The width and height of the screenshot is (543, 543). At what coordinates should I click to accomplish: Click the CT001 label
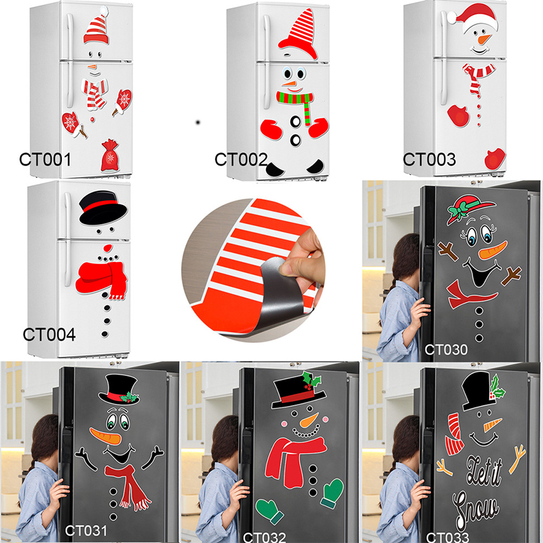(x=45, y=160)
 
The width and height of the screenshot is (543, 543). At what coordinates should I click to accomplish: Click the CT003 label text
(x=429, y=160)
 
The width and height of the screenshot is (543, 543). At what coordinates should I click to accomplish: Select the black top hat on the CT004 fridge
(x=103, y=208)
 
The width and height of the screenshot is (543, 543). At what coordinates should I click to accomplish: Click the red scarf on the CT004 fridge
(x=101, y=280)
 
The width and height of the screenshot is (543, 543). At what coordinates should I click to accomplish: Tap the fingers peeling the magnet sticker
(x=302, y=257)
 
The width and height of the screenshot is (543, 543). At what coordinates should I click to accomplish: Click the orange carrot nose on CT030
(x=493, y=250)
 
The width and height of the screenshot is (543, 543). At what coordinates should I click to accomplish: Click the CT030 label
(x=446, y=350)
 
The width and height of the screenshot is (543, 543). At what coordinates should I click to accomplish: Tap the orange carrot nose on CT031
(x=106, y=436)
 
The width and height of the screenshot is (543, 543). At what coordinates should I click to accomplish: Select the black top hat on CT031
(x=119, y=389)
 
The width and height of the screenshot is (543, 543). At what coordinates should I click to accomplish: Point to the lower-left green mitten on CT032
(x=269, y=511)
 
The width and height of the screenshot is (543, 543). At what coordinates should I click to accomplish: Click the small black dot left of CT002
(x=198, y=122)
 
